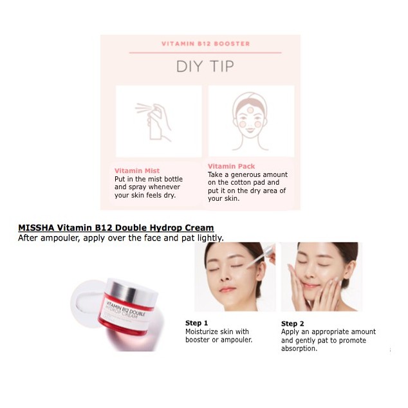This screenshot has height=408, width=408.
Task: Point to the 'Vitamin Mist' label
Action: pos(137,171)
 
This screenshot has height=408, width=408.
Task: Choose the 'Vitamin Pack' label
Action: pos(232,166)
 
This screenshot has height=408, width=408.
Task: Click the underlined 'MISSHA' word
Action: pos(36,228)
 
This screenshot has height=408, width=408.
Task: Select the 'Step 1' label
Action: pos(197,322)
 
